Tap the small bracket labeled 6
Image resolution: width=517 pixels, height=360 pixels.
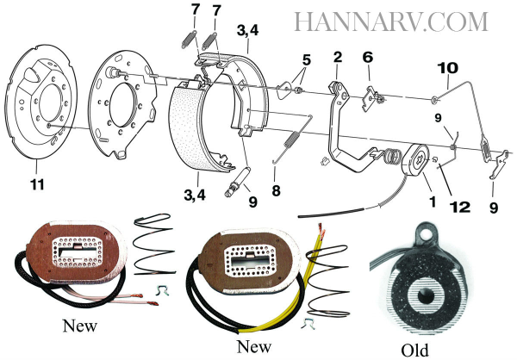tap(371, 99)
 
